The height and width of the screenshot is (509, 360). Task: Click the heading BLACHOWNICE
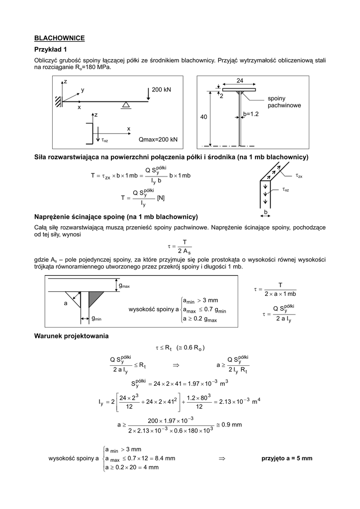point(59,38)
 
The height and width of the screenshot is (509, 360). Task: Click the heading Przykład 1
point(50,50)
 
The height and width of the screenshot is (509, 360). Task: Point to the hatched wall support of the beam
point(59,101)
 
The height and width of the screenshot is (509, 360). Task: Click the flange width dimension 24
point(240,81)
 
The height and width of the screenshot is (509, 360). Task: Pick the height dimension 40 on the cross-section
point(203,117)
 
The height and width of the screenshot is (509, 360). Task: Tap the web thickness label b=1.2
point(251,114)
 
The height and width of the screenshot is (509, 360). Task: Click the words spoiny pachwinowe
point(284,102)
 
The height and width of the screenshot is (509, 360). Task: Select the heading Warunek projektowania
point(71,336)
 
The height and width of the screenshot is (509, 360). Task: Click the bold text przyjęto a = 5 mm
point(287,458)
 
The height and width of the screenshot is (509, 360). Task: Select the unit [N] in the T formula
point(161,198)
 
